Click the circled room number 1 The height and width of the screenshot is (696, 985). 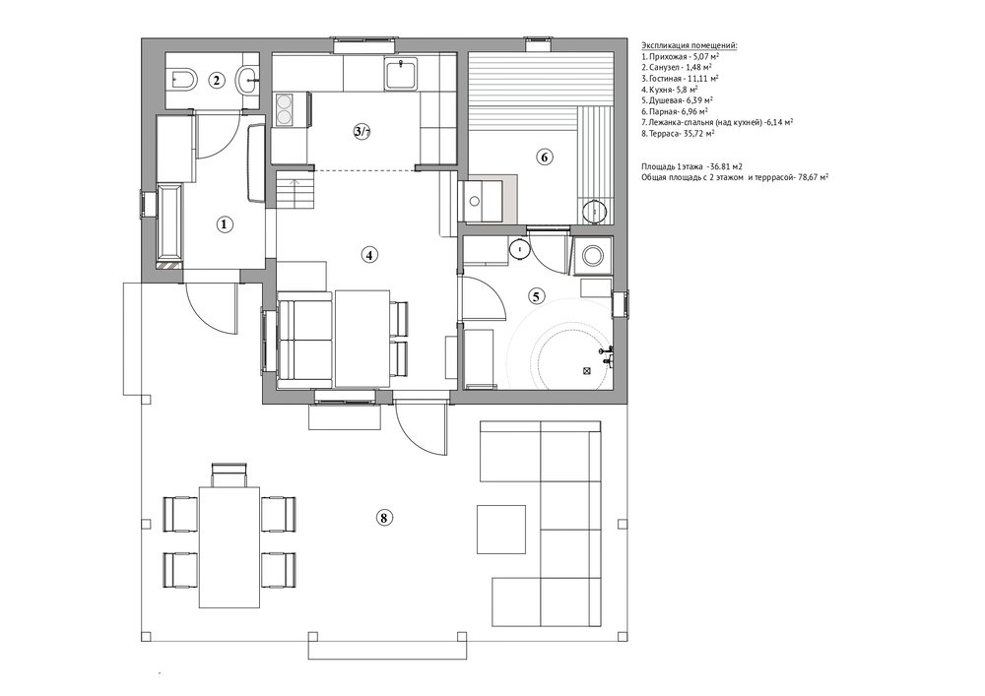click(x=225, y=224)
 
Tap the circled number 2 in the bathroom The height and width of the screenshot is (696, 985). click(x=217, y=81)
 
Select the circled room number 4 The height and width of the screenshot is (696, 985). click(x=369, y=255)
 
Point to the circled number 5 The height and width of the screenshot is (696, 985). click(x=536, y=295)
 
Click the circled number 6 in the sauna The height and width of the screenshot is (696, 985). click(x=544, y=157)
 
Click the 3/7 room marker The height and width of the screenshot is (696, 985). click(x=362, y=131)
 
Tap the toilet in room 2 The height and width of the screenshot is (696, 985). click(x=183, y=79)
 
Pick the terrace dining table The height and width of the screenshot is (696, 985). click(x=230, y=547)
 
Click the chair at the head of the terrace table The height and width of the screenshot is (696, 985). click(x=230, y=475)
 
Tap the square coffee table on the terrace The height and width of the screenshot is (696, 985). click(x=501, y=529)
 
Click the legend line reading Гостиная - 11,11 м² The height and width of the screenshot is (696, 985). click(x=681, y=78)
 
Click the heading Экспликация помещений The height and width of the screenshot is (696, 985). click(x=689, y=45)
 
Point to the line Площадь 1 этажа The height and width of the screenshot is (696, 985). click(x=691, y=166)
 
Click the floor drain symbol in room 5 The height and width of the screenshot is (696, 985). click(x=587, y=371)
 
